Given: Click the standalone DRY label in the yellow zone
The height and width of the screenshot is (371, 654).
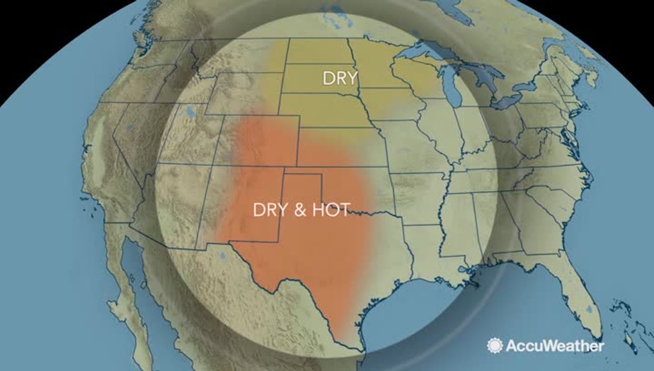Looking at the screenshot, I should click(340, 78).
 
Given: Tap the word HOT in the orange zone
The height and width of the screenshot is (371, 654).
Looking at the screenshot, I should click(330, 210).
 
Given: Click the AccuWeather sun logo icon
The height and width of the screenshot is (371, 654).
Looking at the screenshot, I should click(495, 346).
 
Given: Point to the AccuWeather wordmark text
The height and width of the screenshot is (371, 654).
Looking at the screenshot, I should click(555, 346).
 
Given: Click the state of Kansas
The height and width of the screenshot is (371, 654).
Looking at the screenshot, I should click(340, 147).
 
